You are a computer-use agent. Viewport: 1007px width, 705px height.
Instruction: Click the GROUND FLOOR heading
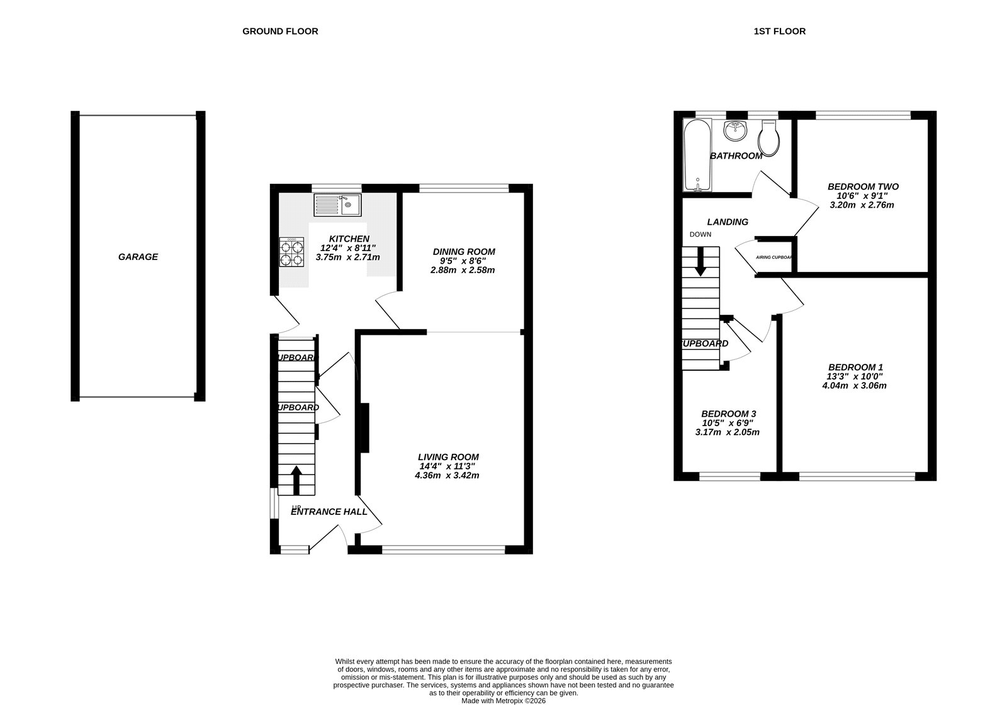click(280, 31)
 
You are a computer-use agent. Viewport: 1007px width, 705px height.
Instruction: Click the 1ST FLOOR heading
click(779, 31)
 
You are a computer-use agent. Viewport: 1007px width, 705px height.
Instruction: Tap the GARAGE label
click(138, 257)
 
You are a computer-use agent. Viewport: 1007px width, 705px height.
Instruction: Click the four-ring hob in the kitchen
click(291, 253)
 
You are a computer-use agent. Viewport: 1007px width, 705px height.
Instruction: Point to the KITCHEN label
click(349, 239)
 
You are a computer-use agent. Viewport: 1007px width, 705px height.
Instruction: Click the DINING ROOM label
click(463, 251)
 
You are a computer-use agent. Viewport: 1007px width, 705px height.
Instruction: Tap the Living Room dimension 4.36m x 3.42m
click(447, 475)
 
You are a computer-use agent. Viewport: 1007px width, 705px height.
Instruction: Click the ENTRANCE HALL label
click(329, 512)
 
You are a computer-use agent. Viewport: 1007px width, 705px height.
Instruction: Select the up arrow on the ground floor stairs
click(296, 478)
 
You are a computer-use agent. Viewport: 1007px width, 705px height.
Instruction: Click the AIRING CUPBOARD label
click(774, 257)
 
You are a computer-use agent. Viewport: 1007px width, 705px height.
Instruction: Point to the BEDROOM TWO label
click(863, 186)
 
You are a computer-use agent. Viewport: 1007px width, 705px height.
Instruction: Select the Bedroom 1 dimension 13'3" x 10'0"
click(855, 376)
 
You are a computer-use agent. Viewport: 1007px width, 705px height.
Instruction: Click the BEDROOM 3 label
click(727, 414)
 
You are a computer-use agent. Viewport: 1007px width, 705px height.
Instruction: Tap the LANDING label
click(728, 222)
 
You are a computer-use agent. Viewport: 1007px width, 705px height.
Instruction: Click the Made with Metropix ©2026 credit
click(503, 700)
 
